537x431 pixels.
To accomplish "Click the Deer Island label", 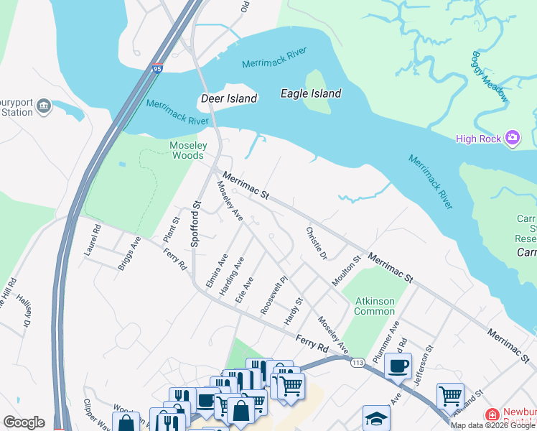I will point(228,98).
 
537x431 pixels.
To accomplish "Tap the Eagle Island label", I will point(310,93).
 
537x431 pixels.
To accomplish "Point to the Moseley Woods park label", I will point(188,150).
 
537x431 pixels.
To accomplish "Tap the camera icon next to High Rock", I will point(513,138).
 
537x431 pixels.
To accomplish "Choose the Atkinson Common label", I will point(374,306).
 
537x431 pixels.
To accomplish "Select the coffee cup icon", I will point(398,366).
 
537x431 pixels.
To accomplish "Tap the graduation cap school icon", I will point(376,418).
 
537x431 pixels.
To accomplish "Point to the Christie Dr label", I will point(317,244).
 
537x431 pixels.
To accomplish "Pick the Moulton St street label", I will point(345,271).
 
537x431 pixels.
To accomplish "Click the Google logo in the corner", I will point(24,422).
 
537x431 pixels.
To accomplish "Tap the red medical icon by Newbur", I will point(492,414).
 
